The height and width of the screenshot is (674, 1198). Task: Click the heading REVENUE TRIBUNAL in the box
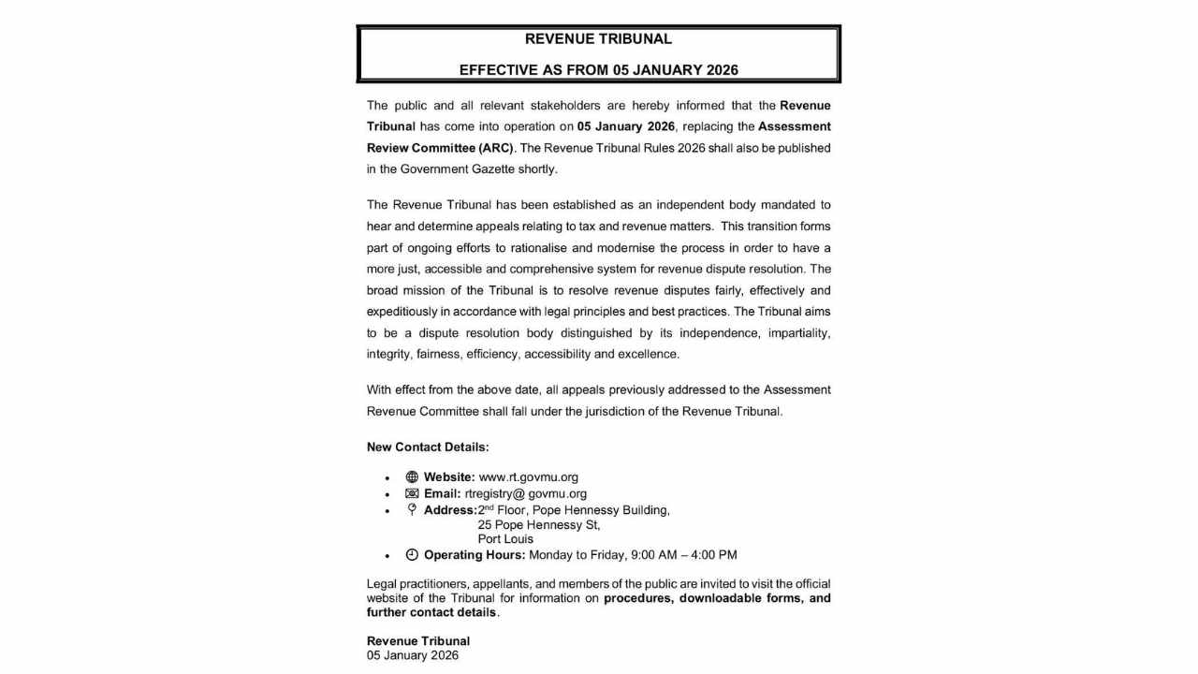coord(598,39)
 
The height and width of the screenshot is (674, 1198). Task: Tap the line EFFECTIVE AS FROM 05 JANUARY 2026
coord(598,70)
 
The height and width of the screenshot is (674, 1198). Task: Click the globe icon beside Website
coord(412,477)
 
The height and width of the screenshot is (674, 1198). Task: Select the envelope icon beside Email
coord(412,493)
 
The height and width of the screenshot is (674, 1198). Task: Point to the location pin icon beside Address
coord(412,510)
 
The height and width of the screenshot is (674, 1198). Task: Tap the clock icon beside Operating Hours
coord(412,555)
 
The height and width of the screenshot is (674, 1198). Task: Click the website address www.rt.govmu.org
coord(528,477)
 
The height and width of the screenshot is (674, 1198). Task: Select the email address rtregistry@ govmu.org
coord(525,493)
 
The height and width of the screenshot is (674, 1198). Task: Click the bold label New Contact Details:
coord(428,447)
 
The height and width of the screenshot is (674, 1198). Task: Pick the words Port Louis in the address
coord(505,539)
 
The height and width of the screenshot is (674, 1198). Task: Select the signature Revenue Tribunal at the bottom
coord(418,641)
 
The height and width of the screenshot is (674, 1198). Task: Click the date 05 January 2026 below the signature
coord(413,655)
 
